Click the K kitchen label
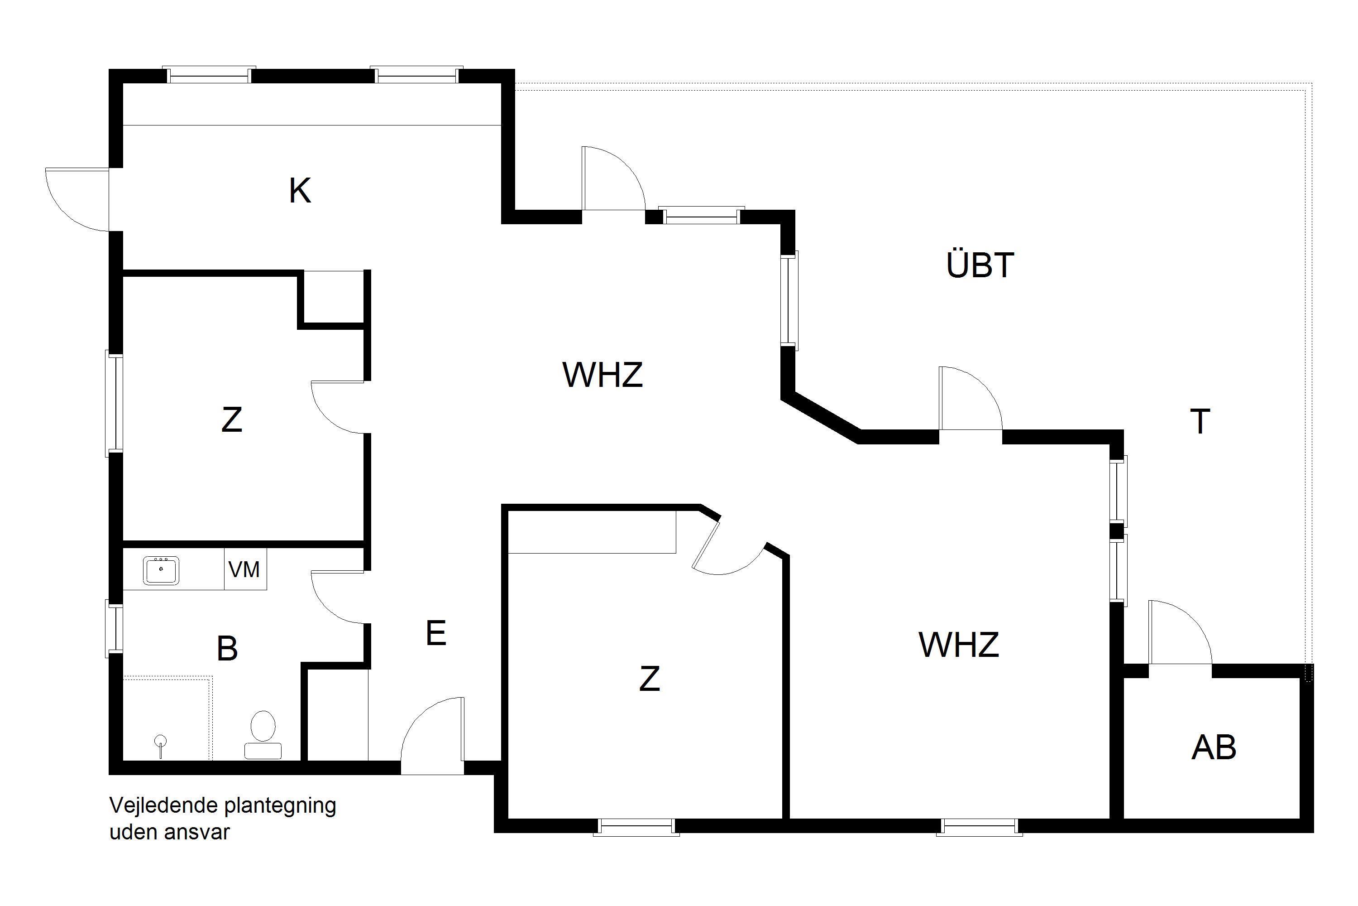[x=300, y=191]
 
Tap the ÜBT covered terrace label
[x=980, y=265]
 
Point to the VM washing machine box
[x=245, y=569]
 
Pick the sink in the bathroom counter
[x=161, y=570]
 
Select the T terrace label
[x=1200, y=421]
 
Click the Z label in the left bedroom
[x=231, y=419]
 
